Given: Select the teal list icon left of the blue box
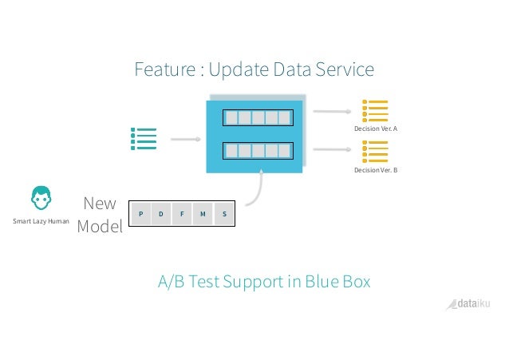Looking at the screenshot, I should [144, 138].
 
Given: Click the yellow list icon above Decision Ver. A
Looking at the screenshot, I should [375, 111].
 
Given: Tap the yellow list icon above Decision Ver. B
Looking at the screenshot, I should [375, 152].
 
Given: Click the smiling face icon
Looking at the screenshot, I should [41, 198].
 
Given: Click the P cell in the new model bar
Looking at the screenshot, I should [140, 213].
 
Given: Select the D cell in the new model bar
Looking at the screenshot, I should [161, 213].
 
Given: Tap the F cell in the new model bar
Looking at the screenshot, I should [183, 213].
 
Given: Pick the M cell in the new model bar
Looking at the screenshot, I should [203, 213].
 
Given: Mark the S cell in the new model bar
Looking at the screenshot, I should [224, 213].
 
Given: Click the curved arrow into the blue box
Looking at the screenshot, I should [257, 190].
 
